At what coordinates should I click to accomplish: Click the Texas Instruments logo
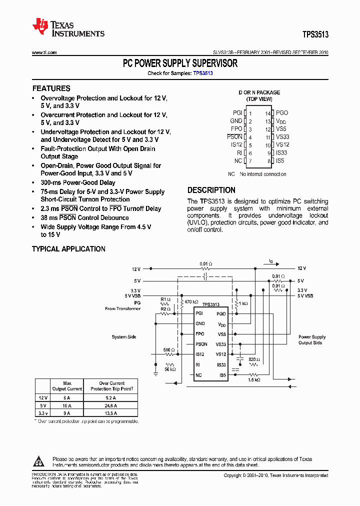click(x=68, y=28)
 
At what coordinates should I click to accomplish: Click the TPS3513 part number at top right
click(x=315, y=34)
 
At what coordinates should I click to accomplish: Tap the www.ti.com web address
click(x=44, y=52)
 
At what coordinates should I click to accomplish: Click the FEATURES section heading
click(x=51, y=88)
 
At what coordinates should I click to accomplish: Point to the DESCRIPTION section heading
click(x=211, y=190)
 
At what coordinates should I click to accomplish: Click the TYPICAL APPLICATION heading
click(x=68, y=249)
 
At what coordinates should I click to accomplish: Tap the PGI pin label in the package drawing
click(x=237, y=113)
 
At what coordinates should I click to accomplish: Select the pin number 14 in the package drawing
click(x=268, y=113)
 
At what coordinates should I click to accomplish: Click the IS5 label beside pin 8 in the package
click(x=280, y=161)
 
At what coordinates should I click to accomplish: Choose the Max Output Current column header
click(x=67, y=386)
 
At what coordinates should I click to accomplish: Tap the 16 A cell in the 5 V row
click(x=67, y=405)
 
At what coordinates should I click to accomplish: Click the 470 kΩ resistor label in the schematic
click(x=191, y=302)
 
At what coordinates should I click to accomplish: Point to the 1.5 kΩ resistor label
click(x=254, y=380)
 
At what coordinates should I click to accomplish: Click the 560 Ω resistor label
click(x=169, y=350)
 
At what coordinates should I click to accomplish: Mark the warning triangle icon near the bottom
click(x=41, y=461)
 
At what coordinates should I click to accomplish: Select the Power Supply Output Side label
click(x=312, y=340)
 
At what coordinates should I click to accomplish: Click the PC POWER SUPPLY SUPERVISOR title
click(x=180, y=63)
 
